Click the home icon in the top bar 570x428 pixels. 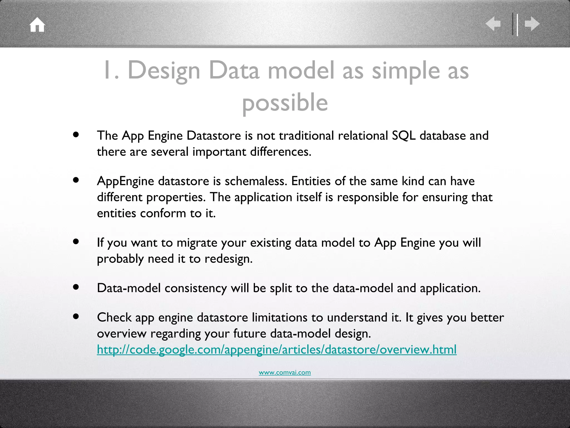coord(37,25)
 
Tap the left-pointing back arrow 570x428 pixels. coord(493,24)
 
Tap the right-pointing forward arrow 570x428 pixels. coord(532,24)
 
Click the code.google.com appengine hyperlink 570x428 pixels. coord(277,349)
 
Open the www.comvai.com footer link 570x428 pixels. coord(284,372)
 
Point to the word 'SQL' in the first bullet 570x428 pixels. coord(404,136)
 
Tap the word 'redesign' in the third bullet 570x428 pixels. coord(228,259)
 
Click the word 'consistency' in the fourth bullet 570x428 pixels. coord(196,288)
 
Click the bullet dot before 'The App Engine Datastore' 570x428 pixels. coord(76,135)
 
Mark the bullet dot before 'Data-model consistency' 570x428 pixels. coord(76,287)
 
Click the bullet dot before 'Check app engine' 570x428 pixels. coord(76,317)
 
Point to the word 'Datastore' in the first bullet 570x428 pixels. coord(213,136)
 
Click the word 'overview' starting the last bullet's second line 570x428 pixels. coord(122,334)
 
